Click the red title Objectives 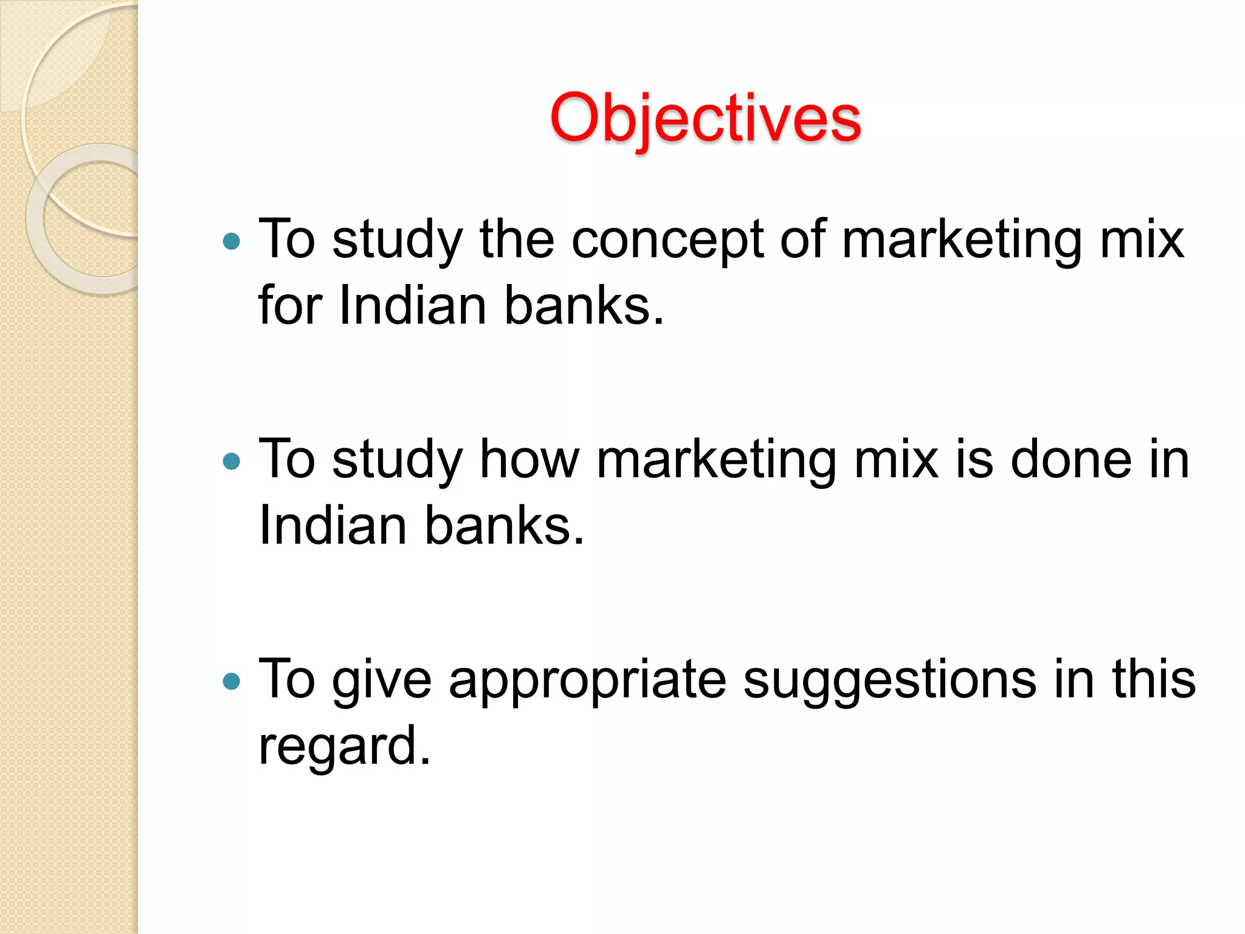pos(705,119)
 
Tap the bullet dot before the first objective pos(232,242)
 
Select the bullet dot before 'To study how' pos(232,462)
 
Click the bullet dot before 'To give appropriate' pos(232,681)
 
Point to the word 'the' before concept pos(517,239)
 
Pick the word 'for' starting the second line pos(290,305)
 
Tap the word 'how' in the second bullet pos(529,460)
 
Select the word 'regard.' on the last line pos(344,747)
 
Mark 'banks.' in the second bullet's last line pos(504,525)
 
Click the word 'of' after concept pos(803,239)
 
